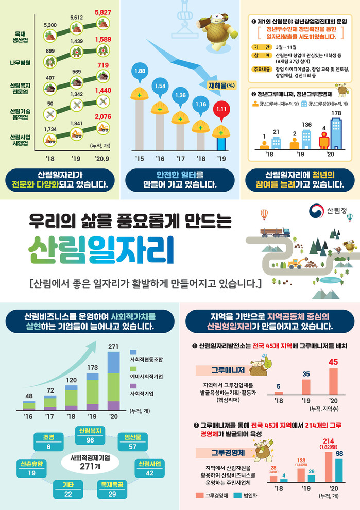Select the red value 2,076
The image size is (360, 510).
(102, 117)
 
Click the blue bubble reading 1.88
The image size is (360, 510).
(139, 71)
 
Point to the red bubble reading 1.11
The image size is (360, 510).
(222, 110)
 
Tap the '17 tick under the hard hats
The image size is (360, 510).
(181, 158)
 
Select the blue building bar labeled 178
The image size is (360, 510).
(336, 133)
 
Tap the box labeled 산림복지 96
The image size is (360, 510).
(90, 435)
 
